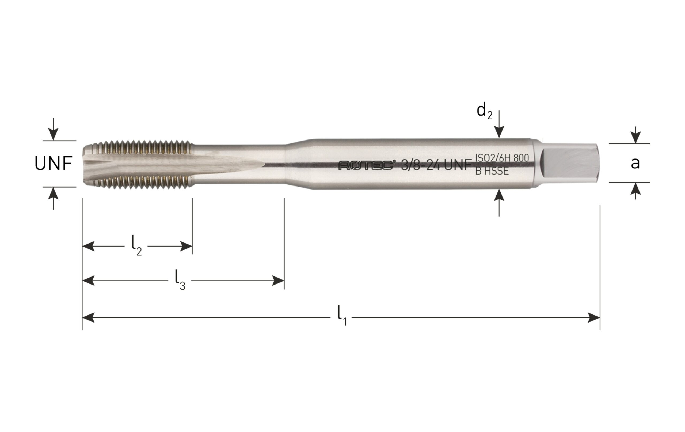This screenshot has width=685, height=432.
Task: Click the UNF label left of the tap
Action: pyautogui.click(x=53, y=164)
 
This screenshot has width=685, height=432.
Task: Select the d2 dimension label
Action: pyautogui.click(x=484, y=111)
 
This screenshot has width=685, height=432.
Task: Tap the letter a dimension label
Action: pyautogui.click(x=635, y=163)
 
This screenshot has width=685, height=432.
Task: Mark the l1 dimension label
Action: pyautogui.click(x=342, y=316)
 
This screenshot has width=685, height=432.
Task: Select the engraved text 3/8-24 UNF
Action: pyautogui.click(x=436, y=165)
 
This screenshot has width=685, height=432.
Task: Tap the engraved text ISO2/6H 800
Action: pyautogui.click(x=502, y=158)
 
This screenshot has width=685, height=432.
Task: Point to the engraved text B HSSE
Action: pyautogui.click(x=492, y=171)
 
